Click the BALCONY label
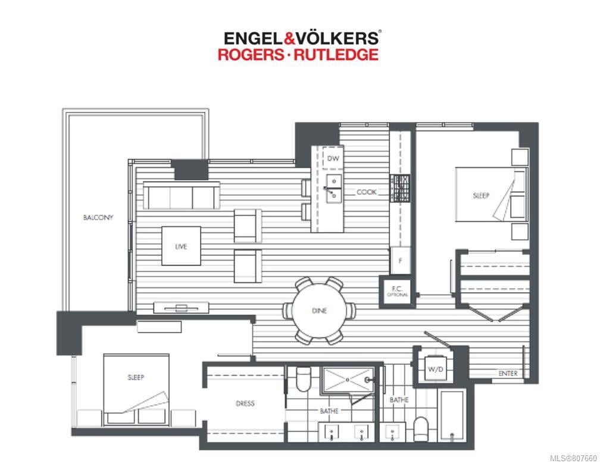[98, 217]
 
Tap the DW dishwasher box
[333, 158]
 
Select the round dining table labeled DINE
[320, 311]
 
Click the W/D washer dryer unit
[436, 369]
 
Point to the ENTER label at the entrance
[508, 373]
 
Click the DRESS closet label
[245, 403]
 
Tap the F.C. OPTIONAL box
[397, 292]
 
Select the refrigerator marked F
[400, 260]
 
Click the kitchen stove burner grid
[400, 188]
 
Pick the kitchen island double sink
[334, 188]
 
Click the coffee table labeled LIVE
[181, 246]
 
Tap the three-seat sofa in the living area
[182, 196]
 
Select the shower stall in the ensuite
[348, 380]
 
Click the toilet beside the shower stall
[304, 379]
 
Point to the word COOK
[367, 192]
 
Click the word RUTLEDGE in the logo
[336, 54]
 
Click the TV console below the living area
[182, 307]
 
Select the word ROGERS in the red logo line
[251, 54]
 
